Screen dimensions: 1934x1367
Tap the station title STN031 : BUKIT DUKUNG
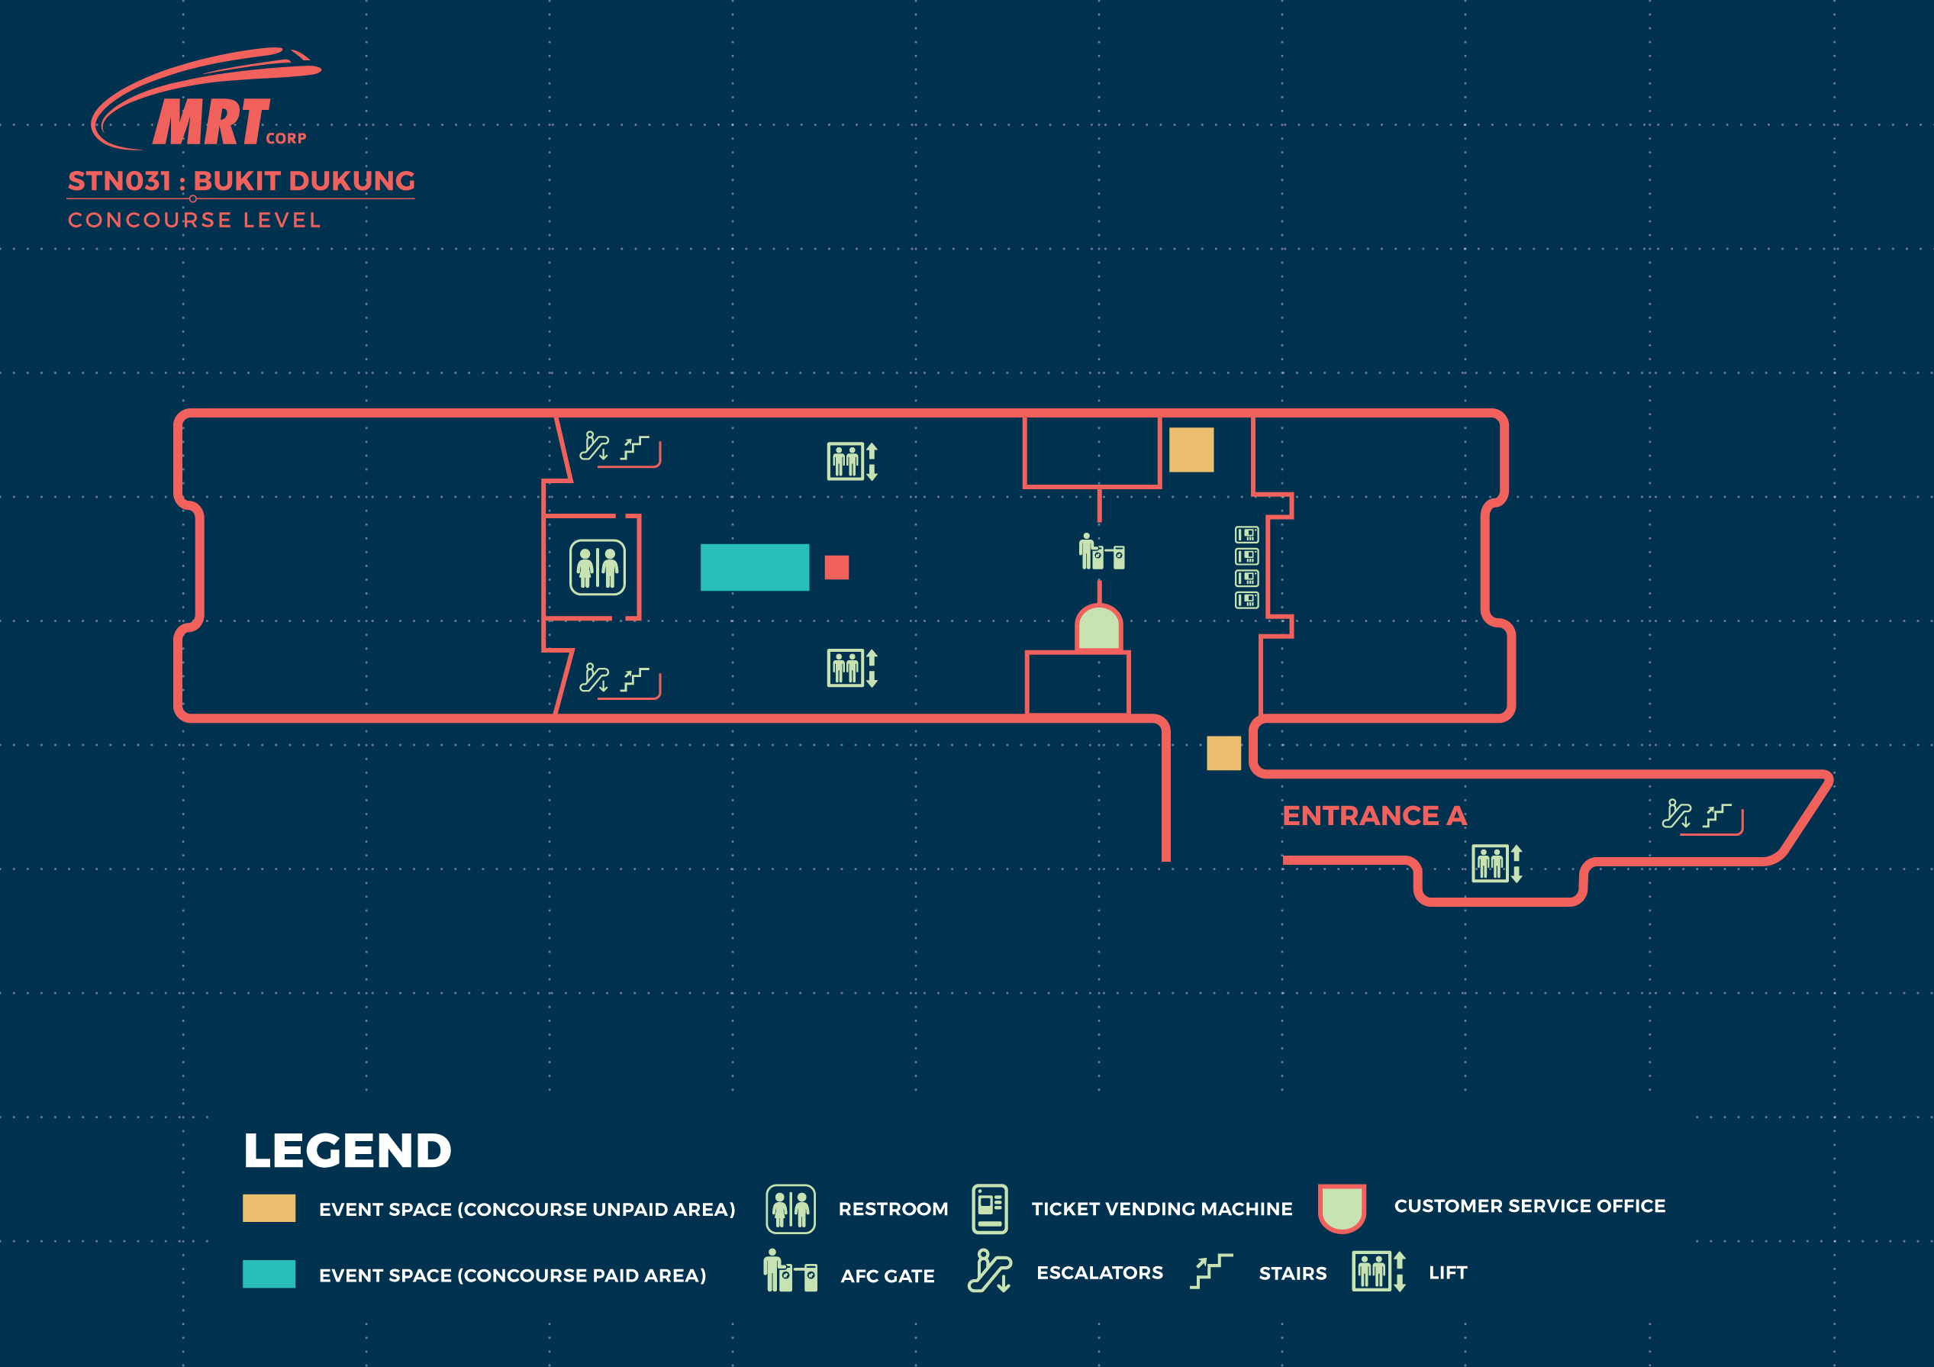[242, 181]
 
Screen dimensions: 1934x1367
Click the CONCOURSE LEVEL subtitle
[195, 220]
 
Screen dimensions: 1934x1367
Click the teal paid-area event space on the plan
[755, 567]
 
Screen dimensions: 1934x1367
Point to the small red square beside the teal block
[836, 567]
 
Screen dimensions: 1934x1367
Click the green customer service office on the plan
[1098, 627]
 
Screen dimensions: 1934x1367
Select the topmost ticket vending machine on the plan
[1246, 534]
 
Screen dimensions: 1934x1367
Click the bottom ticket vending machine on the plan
[1246, 600]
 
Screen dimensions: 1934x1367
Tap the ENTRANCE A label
[1374, 815]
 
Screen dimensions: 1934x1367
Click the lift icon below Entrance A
[1497, 863]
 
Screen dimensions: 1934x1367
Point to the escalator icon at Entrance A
[1676, 814]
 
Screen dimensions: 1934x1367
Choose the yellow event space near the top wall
[1191, 450]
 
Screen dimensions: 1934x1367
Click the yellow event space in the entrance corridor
[1224, 753]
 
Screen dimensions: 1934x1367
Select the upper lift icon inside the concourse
[853, 462]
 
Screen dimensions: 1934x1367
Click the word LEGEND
[347, 1150]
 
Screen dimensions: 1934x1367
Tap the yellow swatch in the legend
[269, 1207]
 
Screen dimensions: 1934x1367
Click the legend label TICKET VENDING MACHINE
[1162, 1209]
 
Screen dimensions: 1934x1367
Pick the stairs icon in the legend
[1211, 1271]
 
